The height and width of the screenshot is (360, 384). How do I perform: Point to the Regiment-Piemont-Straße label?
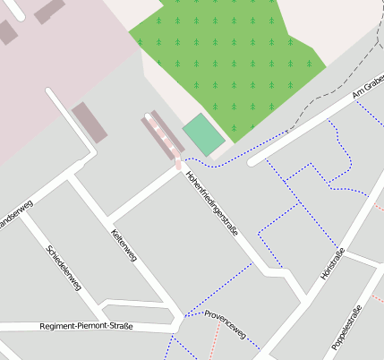tap(86, 326)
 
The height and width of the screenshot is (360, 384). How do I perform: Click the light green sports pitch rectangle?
tap(204, 134)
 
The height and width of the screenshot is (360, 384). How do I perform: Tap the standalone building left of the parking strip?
tap(90, 123)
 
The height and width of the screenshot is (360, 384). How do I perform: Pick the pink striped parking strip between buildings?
tap(162, 140)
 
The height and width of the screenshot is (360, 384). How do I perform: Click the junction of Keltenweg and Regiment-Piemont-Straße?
tap(175, 329)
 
